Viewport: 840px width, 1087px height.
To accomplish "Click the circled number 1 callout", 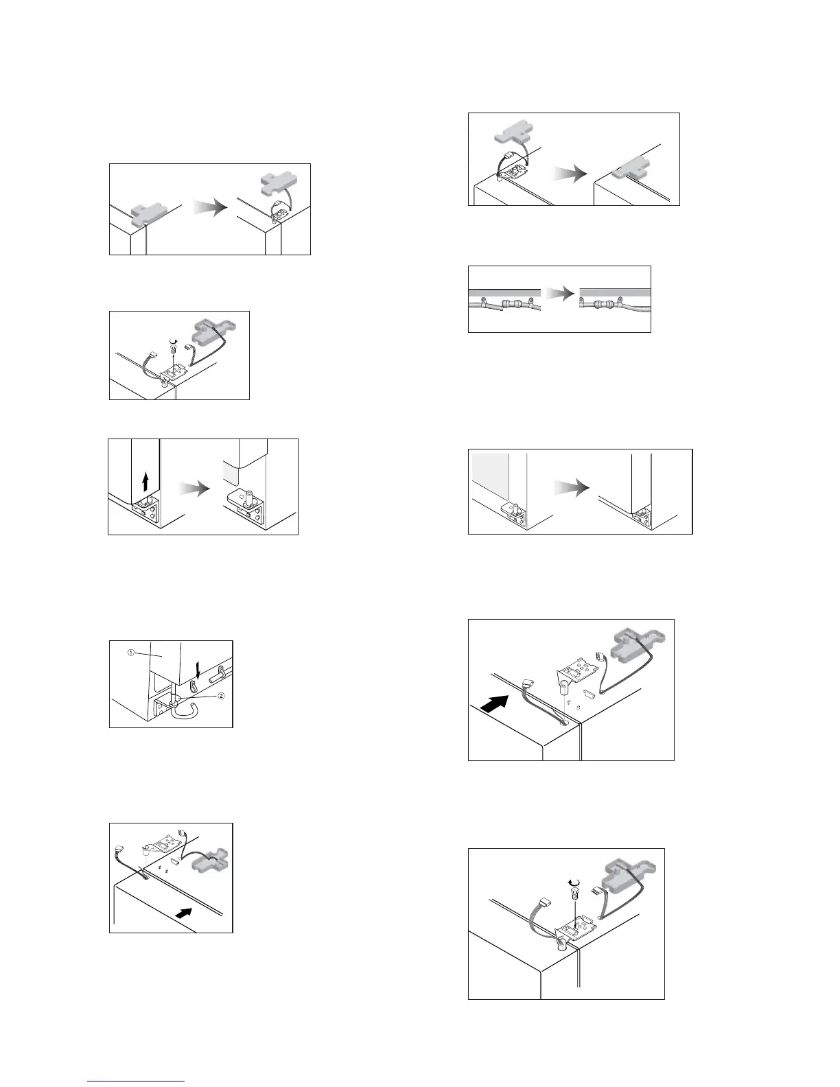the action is pos(130,653).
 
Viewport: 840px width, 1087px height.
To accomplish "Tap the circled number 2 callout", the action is pos(222,696).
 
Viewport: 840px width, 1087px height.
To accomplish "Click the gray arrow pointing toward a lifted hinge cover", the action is pos(209,209).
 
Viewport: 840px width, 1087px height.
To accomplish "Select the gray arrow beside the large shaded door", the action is pos(572,489).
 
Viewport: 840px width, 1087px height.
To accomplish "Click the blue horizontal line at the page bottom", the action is pos(137,1081).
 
